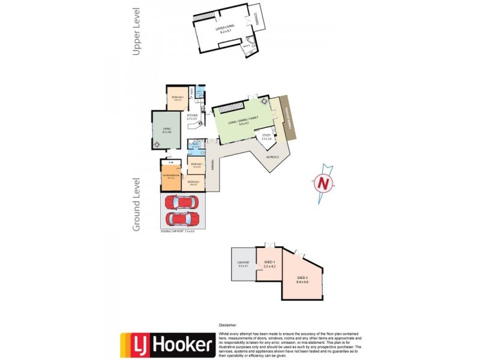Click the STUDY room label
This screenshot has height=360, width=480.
pos(267,137)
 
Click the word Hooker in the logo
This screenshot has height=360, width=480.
pos(182,344)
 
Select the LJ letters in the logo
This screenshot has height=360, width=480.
pos(136,345)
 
